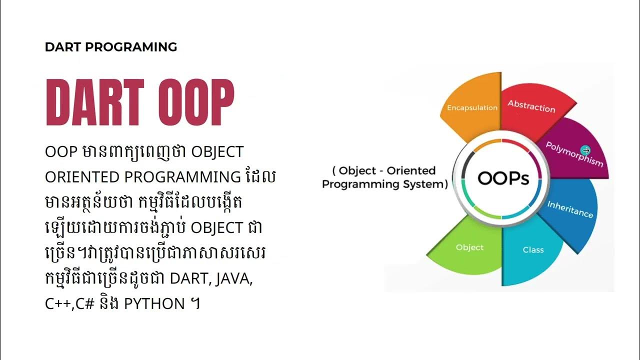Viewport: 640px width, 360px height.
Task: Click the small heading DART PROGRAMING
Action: [x=111, y=47]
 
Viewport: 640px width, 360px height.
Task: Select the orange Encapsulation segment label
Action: [x=472, y=107]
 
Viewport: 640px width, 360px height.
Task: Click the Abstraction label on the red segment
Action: [x=531, y=106]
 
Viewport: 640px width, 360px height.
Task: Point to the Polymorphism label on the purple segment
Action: [x=574, y=154]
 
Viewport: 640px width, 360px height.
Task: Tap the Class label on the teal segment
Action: [x=533, y=249]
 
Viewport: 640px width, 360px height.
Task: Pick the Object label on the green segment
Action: [x=469, y=247]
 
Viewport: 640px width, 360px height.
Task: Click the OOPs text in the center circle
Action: [x=503, y=178]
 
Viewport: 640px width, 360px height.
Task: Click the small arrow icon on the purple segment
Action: [x=586, y=150]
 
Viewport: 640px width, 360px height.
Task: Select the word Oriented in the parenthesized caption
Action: [x=411, y=170]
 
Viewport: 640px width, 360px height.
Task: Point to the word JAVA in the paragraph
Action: [x=234, y=278]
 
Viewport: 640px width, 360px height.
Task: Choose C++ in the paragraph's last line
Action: [x=57, y=303]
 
